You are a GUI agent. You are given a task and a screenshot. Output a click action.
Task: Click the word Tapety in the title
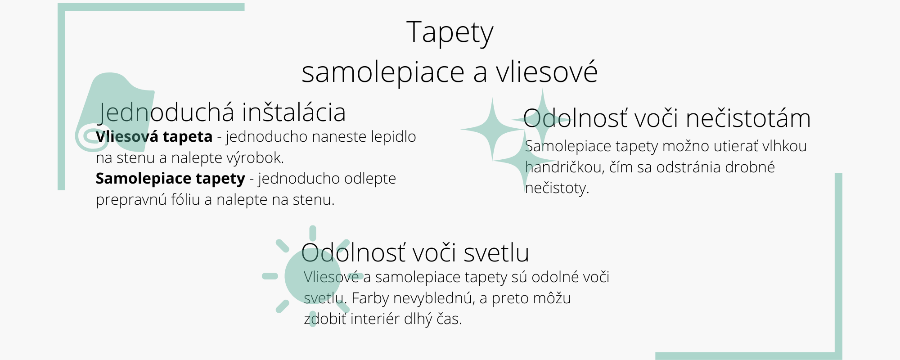(450, 33)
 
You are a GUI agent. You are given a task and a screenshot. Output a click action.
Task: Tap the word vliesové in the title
(547, 72)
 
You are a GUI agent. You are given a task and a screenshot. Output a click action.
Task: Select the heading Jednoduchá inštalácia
(222, 112)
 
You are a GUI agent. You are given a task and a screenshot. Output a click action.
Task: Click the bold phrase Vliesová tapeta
(154, 136)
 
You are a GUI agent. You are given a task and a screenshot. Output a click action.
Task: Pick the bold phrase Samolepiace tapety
(170, 179)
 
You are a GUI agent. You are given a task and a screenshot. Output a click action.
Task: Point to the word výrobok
(255, 158)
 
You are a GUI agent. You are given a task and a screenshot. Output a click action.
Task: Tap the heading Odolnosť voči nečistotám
(667, 118)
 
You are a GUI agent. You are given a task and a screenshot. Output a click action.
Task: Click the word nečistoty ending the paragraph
(557, 188)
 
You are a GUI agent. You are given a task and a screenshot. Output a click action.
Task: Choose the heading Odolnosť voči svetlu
(415, 252)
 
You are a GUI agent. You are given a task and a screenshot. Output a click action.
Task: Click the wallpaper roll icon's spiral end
(91, 136)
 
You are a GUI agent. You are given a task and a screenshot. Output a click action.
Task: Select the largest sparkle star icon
(492, 129)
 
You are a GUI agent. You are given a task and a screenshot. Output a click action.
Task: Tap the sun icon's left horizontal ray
(270, 276)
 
